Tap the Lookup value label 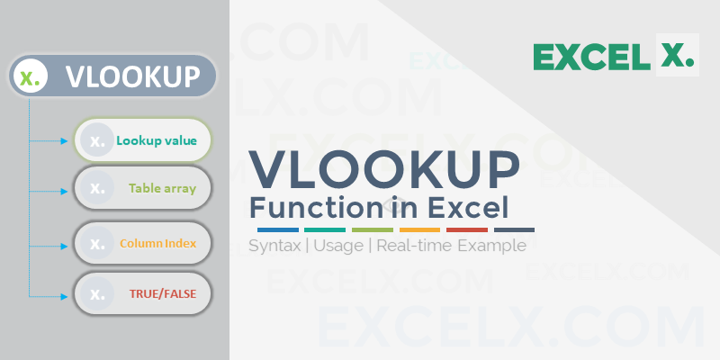[162, 140]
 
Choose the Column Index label [158, 243]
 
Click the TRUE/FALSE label [162, 292]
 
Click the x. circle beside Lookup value [96, 140]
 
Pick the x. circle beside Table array [94, 189]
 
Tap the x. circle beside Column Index [94, 243]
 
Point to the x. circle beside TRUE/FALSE [94, 292]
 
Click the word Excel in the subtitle [464, 207]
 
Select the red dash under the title [466, 229]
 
